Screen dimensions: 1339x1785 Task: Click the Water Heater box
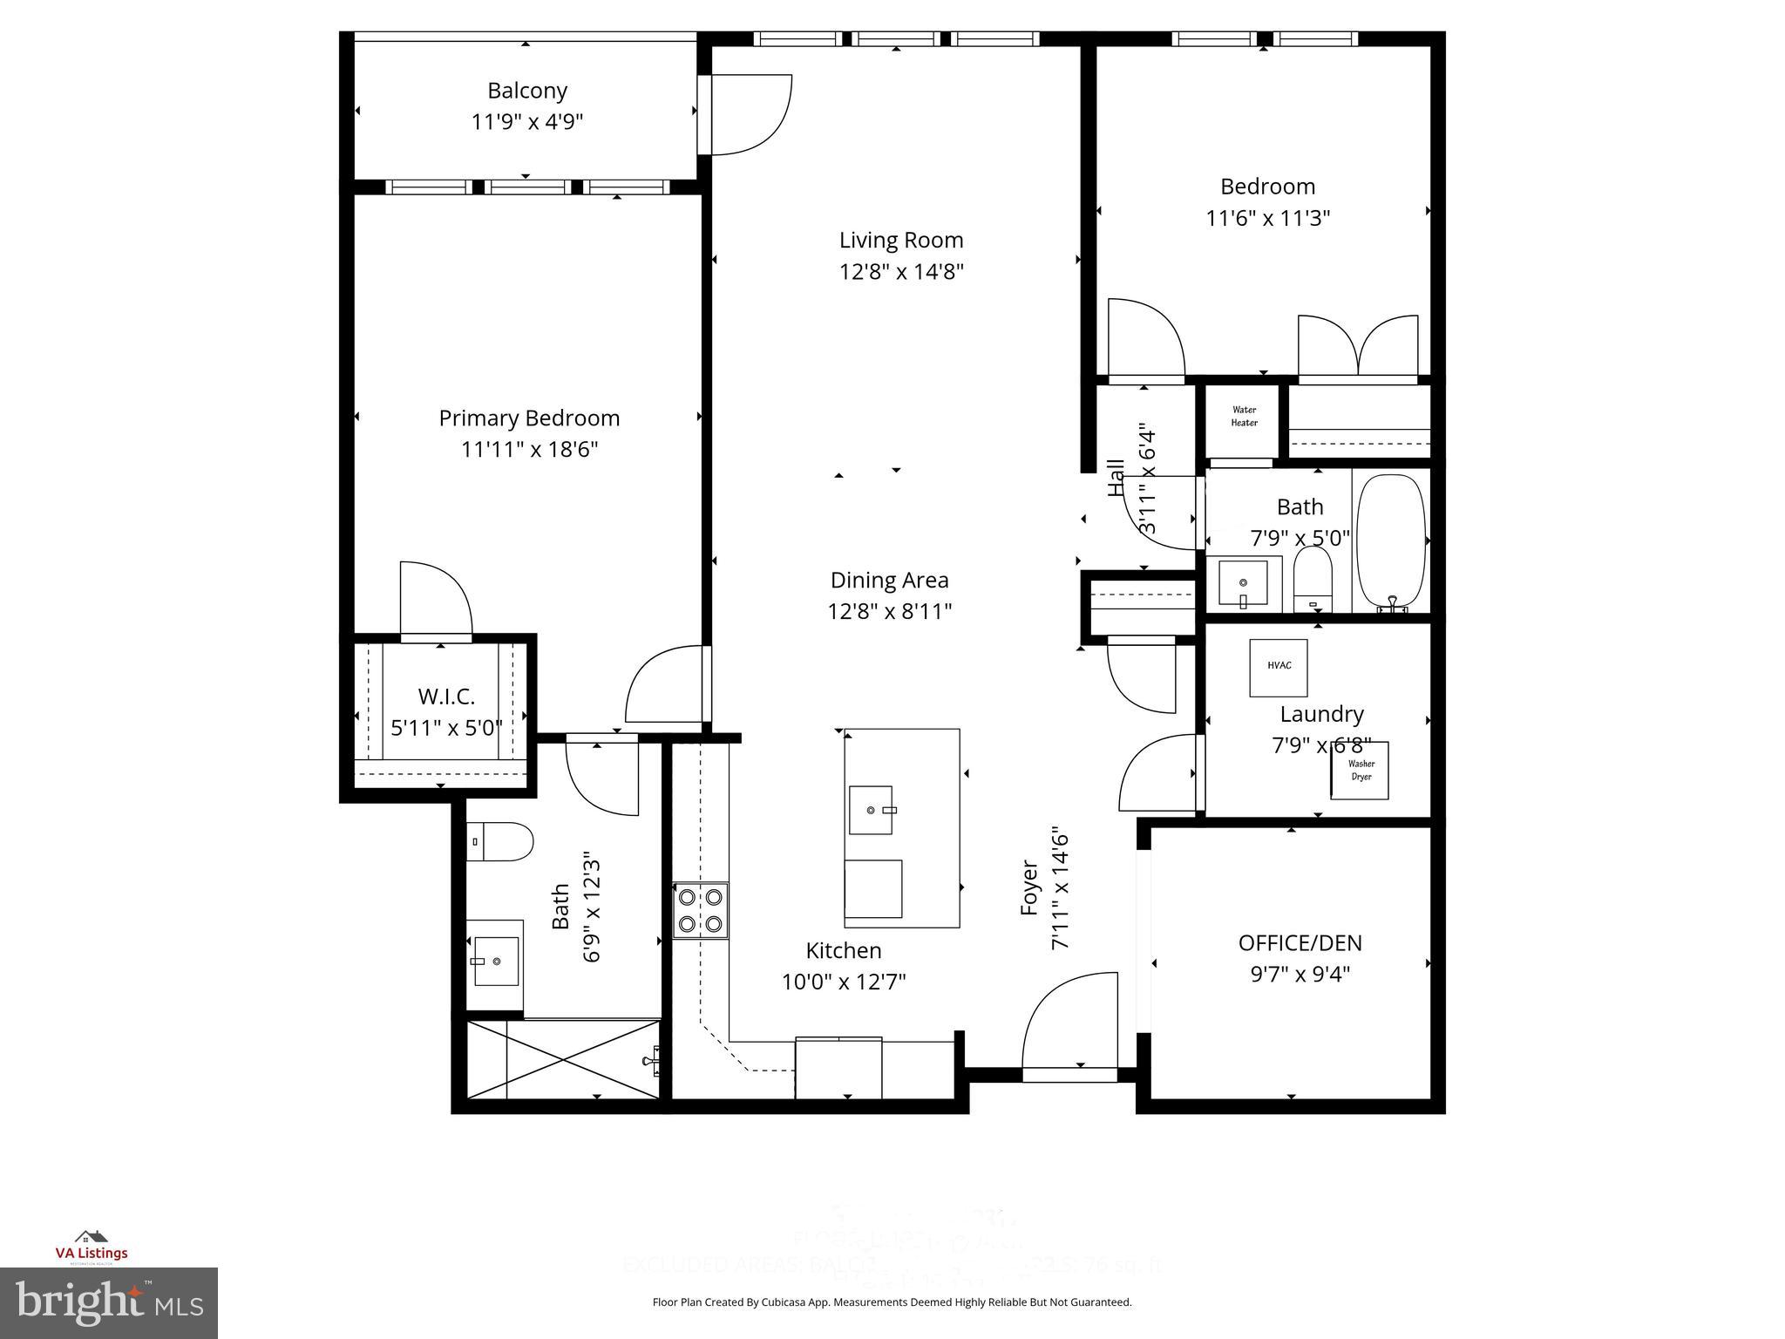[1244, 417]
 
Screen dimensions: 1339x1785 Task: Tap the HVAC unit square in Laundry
[1279, 667]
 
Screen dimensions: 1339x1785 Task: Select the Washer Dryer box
[1360, 771]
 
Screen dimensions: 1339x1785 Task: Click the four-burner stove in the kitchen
[700, 910]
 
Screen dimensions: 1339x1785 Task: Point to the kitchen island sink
[871, 810]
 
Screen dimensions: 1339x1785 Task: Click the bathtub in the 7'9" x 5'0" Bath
[1391, 540]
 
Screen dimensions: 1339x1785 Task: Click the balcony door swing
[750, 115]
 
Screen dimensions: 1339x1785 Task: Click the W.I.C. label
[446, 697]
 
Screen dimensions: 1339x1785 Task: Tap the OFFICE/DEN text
[1300, 943]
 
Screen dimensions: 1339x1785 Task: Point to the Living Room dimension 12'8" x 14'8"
[901, 272]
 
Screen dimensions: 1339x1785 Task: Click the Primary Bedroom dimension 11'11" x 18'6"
[529, 450]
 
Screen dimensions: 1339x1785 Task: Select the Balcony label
[526, 91]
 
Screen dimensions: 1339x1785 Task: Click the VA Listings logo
[92, 1246]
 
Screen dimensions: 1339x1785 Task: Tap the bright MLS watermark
[108, 1302]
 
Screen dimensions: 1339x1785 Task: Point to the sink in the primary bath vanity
[496, 961]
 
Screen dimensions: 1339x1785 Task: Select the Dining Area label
[889, 581]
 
